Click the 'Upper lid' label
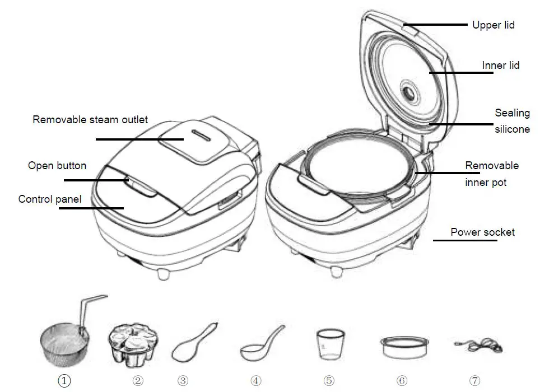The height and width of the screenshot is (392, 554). pyautogui.click(x=493, y=25)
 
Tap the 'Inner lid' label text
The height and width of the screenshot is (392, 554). pyautogui.click(x=500, y=66)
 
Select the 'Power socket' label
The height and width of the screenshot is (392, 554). pyautogui.click(x=482, y=232)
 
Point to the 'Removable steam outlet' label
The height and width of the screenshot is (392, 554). pyautogui.click(x=90, y=119)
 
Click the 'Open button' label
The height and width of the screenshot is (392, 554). pyautogui.click(x=57, y=166)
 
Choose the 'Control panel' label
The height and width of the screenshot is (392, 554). pyautogui.click(x=50, y=199)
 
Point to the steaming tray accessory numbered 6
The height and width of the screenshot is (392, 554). pyautogui.click(x=401, y=347)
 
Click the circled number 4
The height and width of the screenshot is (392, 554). pyautogui.click(x=256, y=381)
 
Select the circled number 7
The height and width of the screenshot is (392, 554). pyautogui.click(x=475, y=381)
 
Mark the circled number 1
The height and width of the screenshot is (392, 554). pyautogui.click(x=65, y=381)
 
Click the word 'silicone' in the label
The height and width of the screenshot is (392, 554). pyautogui.click(x=511, y=129)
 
